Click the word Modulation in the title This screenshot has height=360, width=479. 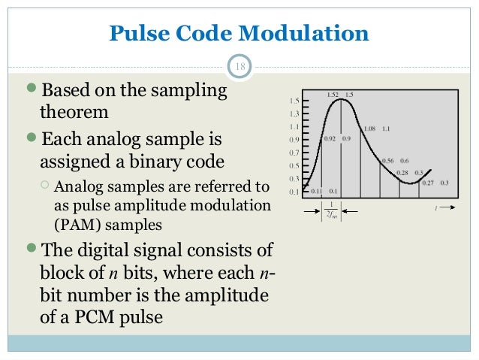click(x=303, y=34)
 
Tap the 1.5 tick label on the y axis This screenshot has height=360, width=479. click(x=294, y=101)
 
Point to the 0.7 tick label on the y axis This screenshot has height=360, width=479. click(x=294, y=153)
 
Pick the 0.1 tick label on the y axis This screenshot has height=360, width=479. click(x=294, y=192)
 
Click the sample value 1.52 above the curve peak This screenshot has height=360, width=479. click(x=334, y=95)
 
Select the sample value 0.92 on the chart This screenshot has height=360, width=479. click(x=329, y=139)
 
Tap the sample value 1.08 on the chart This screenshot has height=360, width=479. click(x=369, y=129)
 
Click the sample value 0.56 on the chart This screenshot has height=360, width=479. click(x=388, y=161)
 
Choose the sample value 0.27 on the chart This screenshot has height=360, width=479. click(x=428, y=183)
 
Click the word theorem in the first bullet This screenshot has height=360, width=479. click(x=74, y=113)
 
